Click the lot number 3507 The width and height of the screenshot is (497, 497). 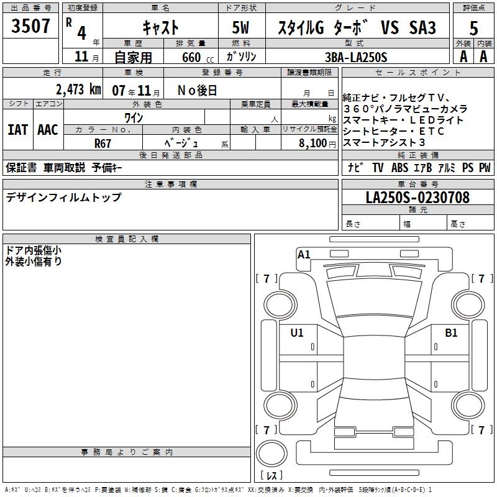click(x=30, y=26)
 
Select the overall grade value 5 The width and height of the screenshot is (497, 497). click(x=473, y=28)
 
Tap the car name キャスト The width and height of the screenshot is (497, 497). click(x=161, y=27)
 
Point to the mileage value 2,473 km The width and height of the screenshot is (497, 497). click(x=78, y=89)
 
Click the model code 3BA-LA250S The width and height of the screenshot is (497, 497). click(x=356, y=57)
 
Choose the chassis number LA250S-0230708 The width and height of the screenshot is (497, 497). click(x=417, y=198)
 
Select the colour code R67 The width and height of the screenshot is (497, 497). click(x=103, y=144)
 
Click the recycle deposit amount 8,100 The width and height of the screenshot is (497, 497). click(x=312, y=144)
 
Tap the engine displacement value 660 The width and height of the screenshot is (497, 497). click(x=191, y=58)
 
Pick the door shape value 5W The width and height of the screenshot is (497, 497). click(x=240, y=27)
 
